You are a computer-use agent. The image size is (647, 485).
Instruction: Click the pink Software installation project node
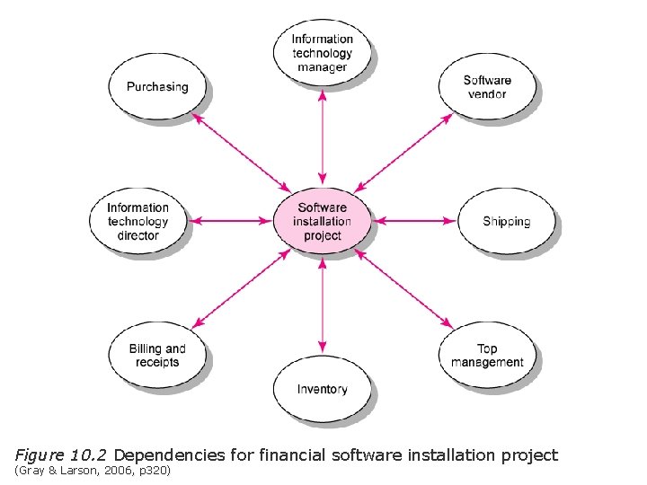pyautogui.click(x=323, y=221)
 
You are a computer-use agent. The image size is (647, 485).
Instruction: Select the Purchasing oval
pyautogui.click(x=157, y=87)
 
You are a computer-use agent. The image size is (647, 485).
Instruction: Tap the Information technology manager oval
pyautogui.click(x=322, y=53)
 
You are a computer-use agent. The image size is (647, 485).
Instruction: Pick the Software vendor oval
pyautogui.click(x=487, y=87)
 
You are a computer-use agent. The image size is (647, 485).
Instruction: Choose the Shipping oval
pyautogui.click(x=506, y=221)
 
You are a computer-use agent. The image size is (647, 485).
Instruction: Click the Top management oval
pyautogui.click(x=487, y=356)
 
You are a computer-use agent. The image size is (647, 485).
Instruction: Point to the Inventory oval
pyautogui.click(x=322, y=389)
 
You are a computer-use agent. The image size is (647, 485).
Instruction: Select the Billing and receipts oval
pyautogui.click(x=157, y=356)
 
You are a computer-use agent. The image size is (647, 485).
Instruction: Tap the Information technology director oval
pyautogui.click(x=137, y=221)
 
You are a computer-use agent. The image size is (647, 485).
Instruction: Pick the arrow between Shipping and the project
pyautogui.click(x=414, y=221)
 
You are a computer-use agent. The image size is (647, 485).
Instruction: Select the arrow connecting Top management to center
pyautogui.click(x=403, y=288)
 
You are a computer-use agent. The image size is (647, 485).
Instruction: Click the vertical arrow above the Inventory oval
pyautogui.click(x=322, y=304)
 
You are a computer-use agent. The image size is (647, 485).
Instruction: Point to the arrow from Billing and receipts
pyautogui.click(x=241, y=288)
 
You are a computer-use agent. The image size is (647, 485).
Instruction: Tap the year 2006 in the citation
pyautogui.click(x=113, y=472)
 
